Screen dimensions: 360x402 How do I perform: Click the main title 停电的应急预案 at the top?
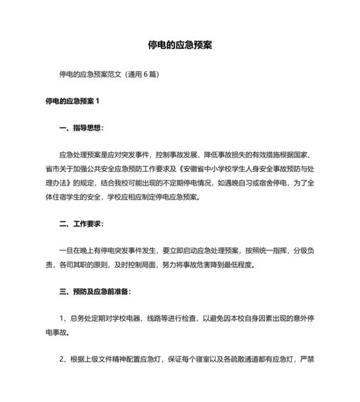point(180,46)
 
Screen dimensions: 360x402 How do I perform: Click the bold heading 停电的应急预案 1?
point(73,101)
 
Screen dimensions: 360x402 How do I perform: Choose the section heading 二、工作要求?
point(81,224)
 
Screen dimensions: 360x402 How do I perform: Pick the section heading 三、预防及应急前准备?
point(95,292)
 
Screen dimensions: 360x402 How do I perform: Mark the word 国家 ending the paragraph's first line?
point(302,155)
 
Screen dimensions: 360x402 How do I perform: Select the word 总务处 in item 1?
point(79,319)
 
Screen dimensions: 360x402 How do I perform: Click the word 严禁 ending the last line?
point(307,360)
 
